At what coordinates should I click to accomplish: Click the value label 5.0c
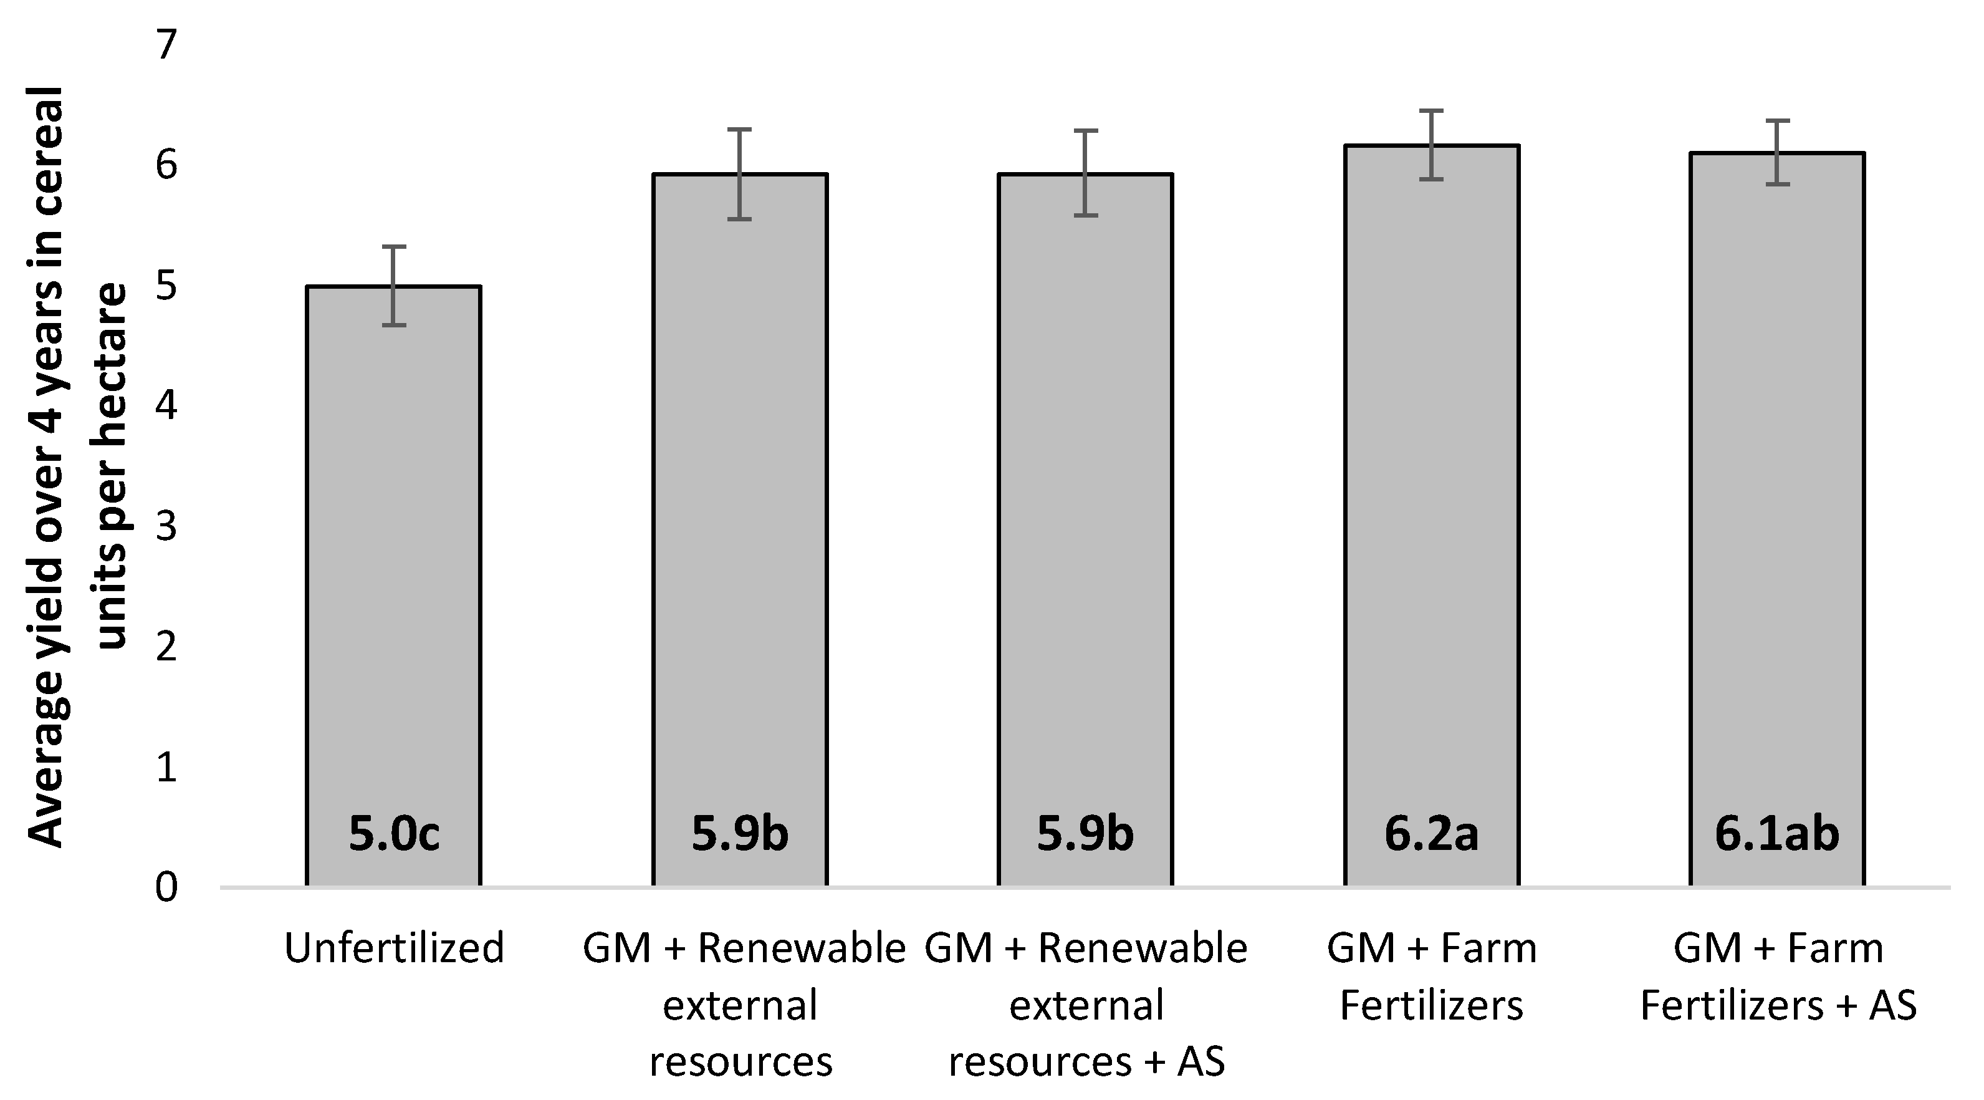click(x=393, y=834)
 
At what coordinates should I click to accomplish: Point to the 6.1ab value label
click(x=1777, y=834)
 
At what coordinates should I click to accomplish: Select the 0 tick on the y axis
click(x=166, y=887)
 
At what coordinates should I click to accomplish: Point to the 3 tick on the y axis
click(x=166, y=527)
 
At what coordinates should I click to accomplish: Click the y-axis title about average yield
click(x=77, y=466)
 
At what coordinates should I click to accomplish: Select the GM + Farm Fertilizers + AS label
click(x=1778, y=977)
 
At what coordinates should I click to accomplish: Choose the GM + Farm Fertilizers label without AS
click(x=1431, y=977)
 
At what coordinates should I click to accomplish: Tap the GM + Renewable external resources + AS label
click(x=1086, y=1005)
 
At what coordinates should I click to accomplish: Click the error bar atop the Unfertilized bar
click(x=393, y=285)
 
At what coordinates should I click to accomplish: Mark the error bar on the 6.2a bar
click(x=1431, y=145)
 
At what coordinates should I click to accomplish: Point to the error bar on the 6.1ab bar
click(x=1777, y=153)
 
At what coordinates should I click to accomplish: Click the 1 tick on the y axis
click(x=166, y=767)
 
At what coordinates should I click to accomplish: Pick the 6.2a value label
click(x=1431, y=834)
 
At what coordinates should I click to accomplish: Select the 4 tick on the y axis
click(x=166, y=407)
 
